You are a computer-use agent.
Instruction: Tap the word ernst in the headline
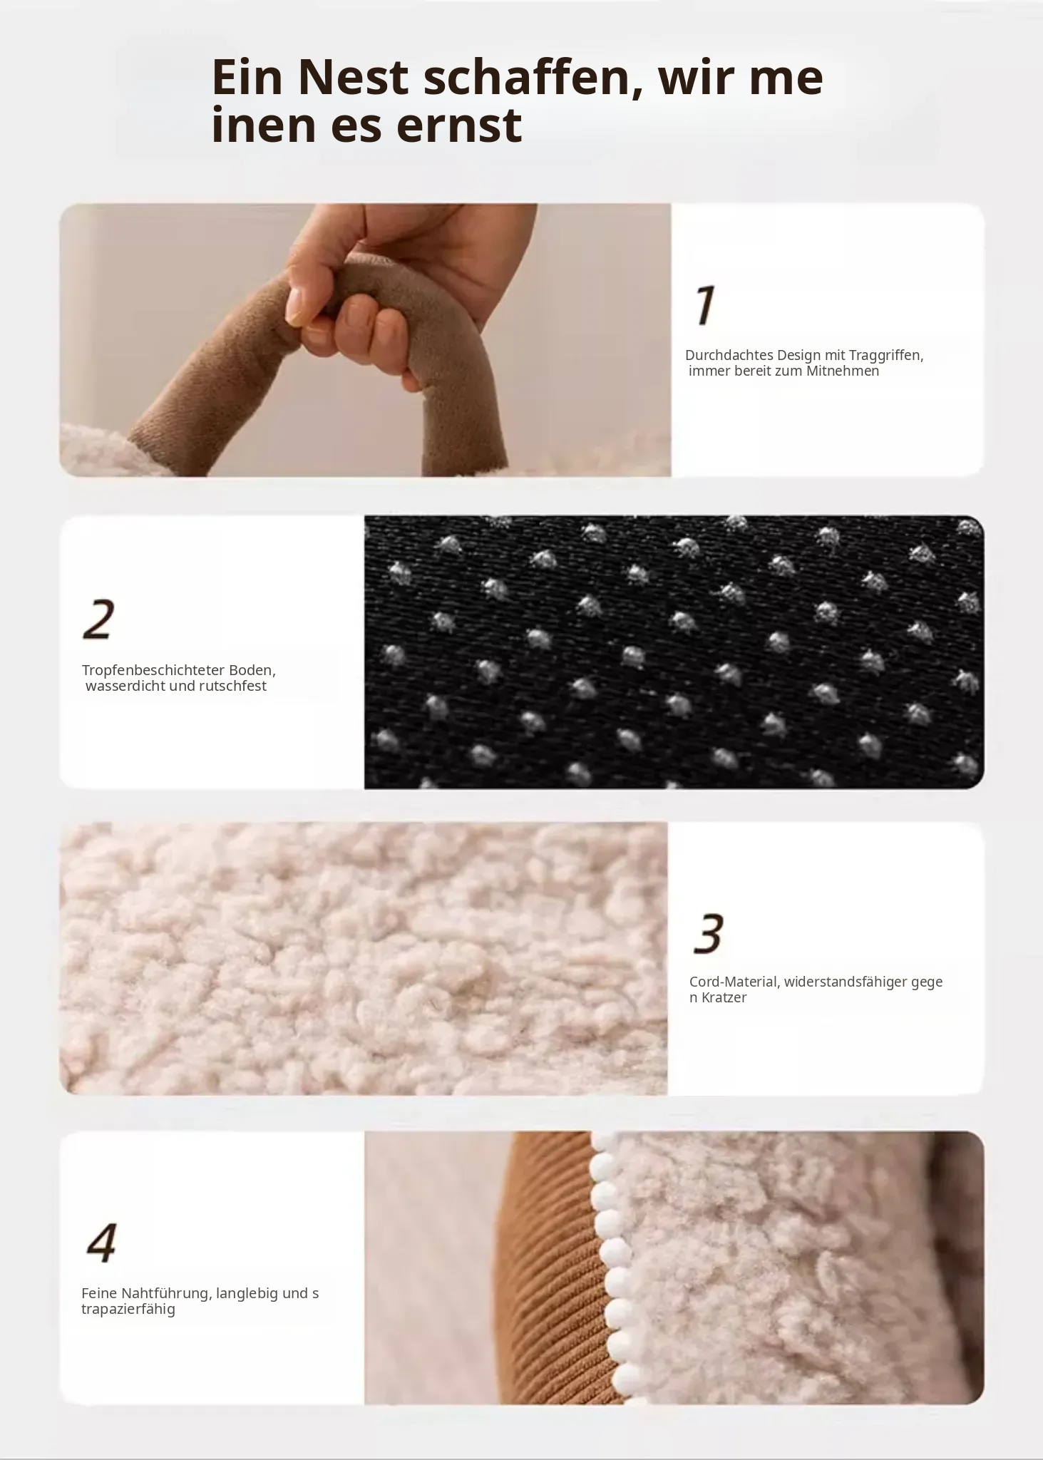[458, 125]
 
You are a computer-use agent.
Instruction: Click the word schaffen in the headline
[533, 76]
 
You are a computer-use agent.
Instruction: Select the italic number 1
[704, 305]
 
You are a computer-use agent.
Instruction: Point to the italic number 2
[98, 620]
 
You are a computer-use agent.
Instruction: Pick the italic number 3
[709, 933]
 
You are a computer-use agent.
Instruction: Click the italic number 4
[101, 1243]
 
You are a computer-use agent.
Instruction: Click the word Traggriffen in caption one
[886, 356]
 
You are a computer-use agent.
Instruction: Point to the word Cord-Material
[734, 982]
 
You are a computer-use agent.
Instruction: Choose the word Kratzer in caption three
[724, 997]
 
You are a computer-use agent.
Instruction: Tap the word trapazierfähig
[128, 1310]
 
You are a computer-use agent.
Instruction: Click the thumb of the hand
[303, 296]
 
